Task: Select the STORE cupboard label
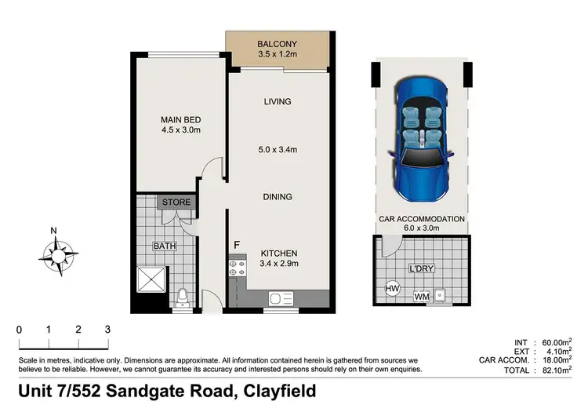(x=176, y=203)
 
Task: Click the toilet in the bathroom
(x=183, y=297)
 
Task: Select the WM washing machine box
(x=421, y=296)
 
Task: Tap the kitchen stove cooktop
(x=236, y=272)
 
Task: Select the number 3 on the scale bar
(x=107, y=330)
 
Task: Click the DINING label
(x=278, y=197)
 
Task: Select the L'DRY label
(x=422, y=269)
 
